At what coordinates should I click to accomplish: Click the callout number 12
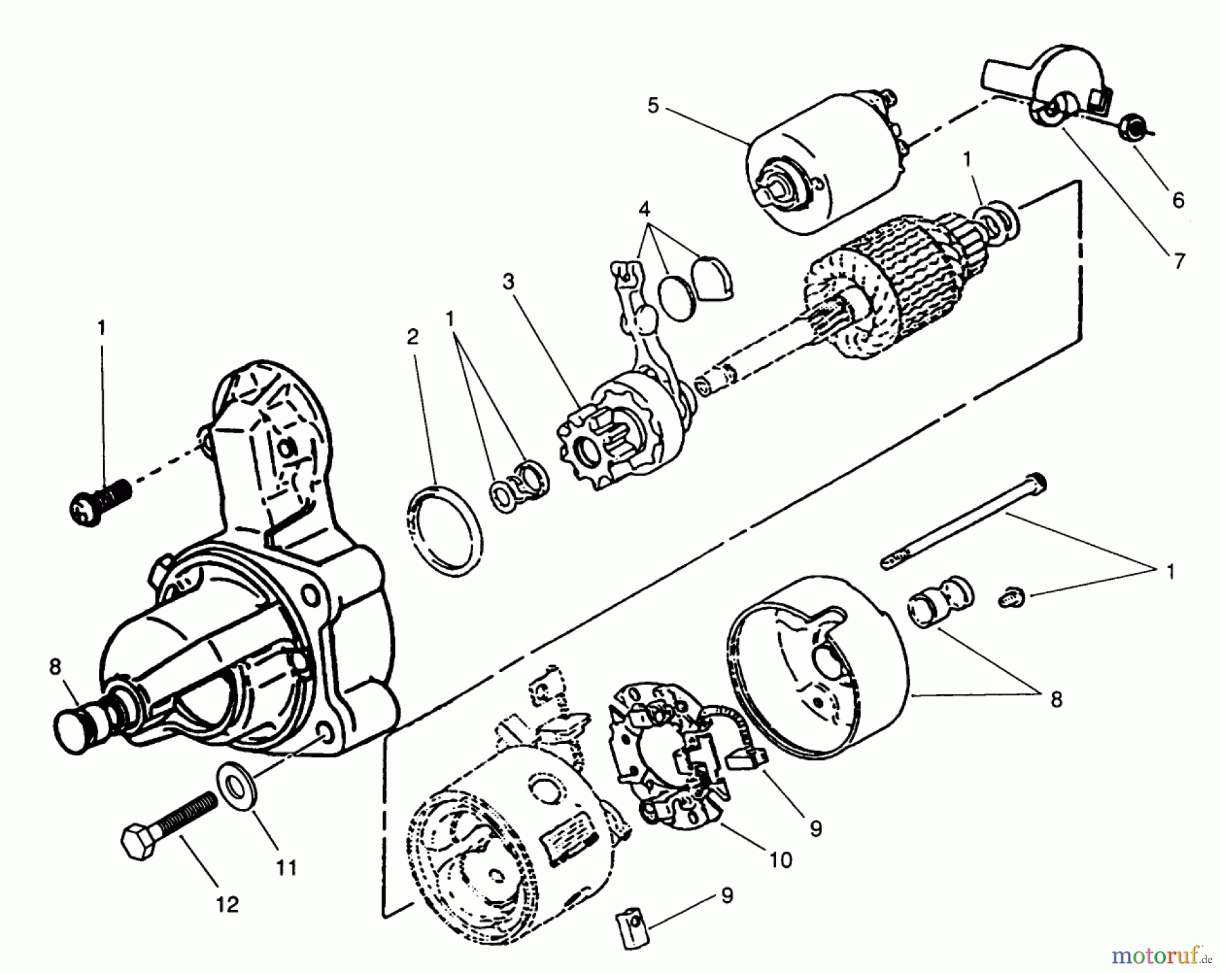click(x=228, y=905)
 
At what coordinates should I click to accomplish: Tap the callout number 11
click(x=287, y=867)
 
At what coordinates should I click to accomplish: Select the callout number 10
click(x=780, y=860)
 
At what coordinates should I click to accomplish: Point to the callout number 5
click(x=653, y=106)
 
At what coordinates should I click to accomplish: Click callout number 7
click(x=1179, y=261)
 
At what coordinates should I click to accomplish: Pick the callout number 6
click(x=1178, y=200)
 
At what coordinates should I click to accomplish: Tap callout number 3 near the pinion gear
click(x=508, y=281)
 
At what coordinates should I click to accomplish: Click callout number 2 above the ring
click(x=413, y=337)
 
